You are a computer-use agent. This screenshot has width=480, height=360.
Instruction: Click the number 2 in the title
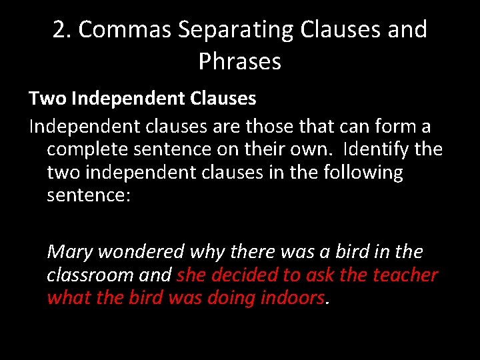tap(60, 30)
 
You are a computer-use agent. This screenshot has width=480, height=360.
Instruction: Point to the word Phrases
tap(240, 62)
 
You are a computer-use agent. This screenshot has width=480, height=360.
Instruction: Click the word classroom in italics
tap(90, 275)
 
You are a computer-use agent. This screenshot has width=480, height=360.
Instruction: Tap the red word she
tap(192, 275)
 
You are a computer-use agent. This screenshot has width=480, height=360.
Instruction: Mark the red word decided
tap(245, 275)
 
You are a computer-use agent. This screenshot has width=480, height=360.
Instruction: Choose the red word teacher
tap(405, 275)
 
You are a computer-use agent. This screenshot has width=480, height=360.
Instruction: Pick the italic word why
tap(207, 252)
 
